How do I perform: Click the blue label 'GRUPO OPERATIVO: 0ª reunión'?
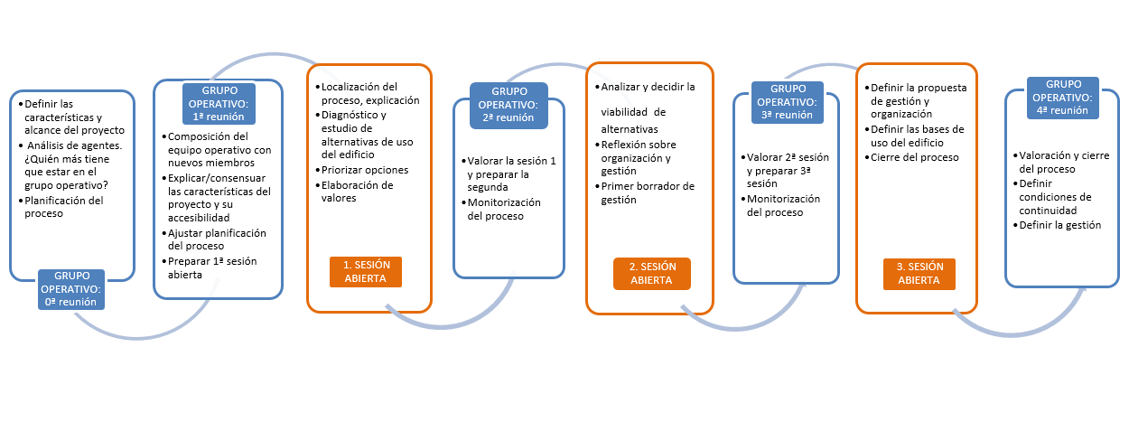click(71, 289)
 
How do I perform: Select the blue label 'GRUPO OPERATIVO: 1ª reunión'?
click(219, 104)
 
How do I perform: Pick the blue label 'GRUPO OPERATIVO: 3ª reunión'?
click(788, 102)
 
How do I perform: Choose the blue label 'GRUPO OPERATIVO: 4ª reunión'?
click(1062, 98)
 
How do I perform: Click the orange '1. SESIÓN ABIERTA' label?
click(366, 272)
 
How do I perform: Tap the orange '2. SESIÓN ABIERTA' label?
click(652, 274)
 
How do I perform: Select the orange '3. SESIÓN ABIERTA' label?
click(919, 274)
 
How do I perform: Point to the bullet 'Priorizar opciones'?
click(362, 170)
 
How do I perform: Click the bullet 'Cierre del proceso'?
click(911, 157)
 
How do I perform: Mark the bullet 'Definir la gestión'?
click(1057, 225)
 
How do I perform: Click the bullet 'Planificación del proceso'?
click(61, 207)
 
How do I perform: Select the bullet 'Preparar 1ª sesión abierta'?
click(210, 267)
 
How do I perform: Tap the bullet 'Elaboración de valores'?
click(354, 192)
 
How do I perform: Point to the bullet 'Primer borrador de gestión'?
click(645, 192)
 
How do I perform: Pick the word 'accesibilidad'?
click(199, 218)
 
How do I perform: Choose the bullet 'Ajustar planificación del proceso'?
click(214, 239)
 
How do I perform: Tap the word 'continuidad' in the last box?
click(1048, 211)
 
